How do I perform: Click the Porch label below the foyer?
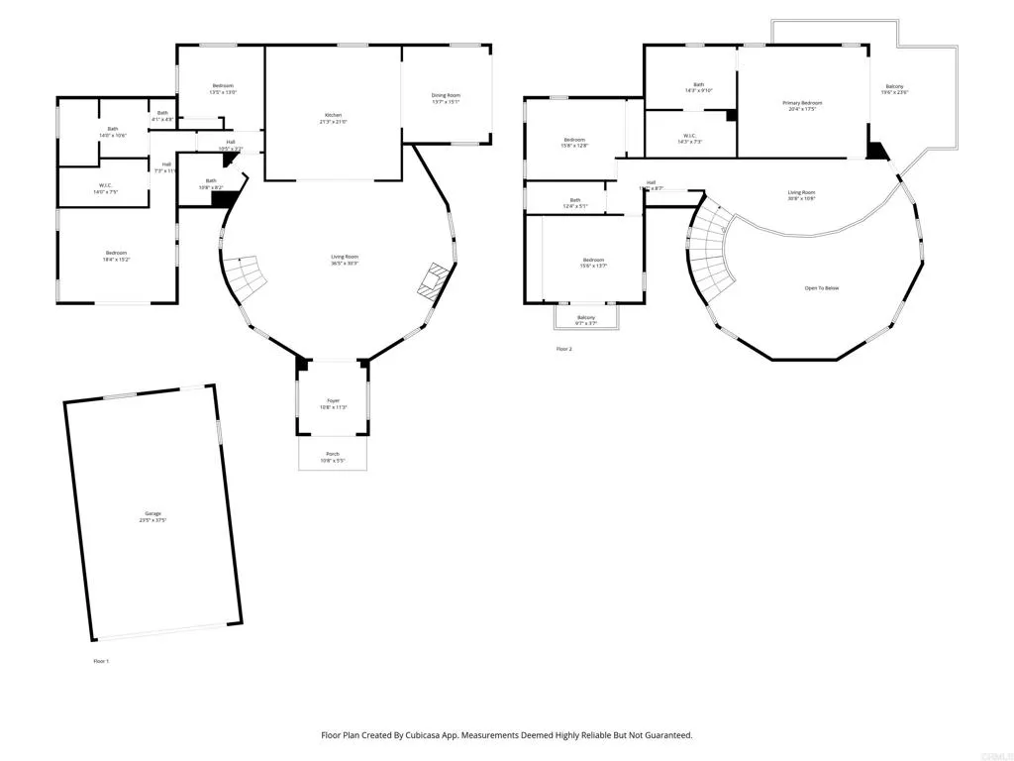(x=333, y=457)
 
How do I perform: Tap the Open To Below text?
(x=822, y=288)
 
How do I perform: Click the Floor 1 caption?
(x=100, y=661)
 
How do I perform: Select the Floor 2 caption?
(x=564, y=349)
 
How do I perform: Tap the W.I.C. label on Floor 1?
(x=105, y=188)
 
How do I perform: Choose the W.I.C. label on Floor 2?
(x=689, y=139)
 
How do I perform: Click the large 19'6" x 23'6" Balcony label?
(x=895, y=89)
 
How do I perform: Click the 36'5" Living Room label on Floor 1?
(x=344, y=260)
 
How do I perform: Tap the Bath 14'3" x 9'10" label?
(x=698, y=87)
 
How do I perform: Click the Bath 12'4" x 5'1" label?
(x=575, y=202)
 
